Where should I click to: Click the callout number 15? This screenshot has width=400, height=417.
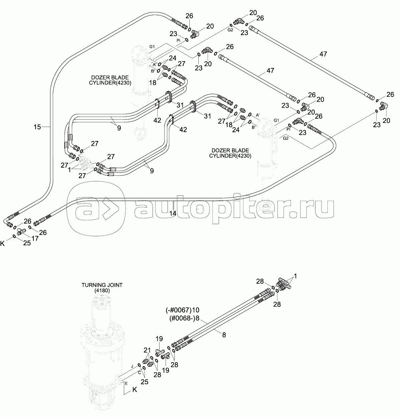pyautogui.click(x=37, y=127)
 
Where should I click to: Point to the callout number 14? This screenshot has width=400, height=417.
pyautogui.click(x=173, y=214)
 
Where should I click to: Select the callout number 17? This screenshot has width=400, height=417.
pyautogui.click(x=35, y=238)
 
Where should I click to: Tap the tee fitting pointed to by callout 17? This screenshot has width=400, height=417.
pyautogui.click(x=21, y=232)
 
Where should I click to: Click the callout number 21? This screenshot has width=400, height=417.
pyautogui.click(x=147, y=350)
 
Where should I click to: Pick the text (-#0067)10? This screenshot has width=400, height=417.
pyautogui.click(x=182, y=310)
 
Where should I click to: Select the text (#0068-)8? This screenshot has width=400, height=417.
pyautogui.click(x=184, y=318)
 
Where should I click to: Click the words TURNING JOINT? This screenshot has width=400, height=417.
pyautogui.click(x=102, y=285)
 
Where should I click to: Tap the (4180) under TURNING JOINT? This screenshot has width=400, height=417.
pyautogui.click(x=102, y=291)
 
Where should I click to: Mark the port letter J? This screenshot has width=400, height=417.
pyautogui.click(x=132, y=367)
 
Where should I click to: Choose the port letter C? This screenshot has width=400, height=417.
pyautogui.click(x=140, y=373)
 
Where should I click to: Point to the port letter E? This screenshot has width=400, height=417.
pyautogui.click(x=126, y=384)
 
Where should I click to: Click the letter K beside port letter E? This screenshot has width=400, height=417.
pyautogui.click(x=135, y=390)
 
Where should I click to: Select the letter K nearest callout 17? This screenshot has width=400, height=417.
pyautogui.click(x=2, y=244)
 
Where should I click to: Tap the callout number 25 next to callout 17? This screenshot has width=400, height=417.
pyautogui.click(x=27, y=243)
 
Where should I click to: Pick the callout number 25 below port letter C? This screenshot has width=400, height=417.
pyautogui.click(x=145, y=382)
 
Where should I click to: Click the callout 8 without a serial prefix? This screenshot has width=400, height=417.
pyautogui.click(x=224, y=335)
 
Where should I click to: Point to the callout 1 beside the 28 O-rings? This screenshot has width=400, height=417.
pyautogui.click(x=295, y=276)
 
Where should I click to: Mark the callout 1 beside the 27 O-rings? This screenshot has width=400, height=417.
pyautogui.click(x=69, y=170)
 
